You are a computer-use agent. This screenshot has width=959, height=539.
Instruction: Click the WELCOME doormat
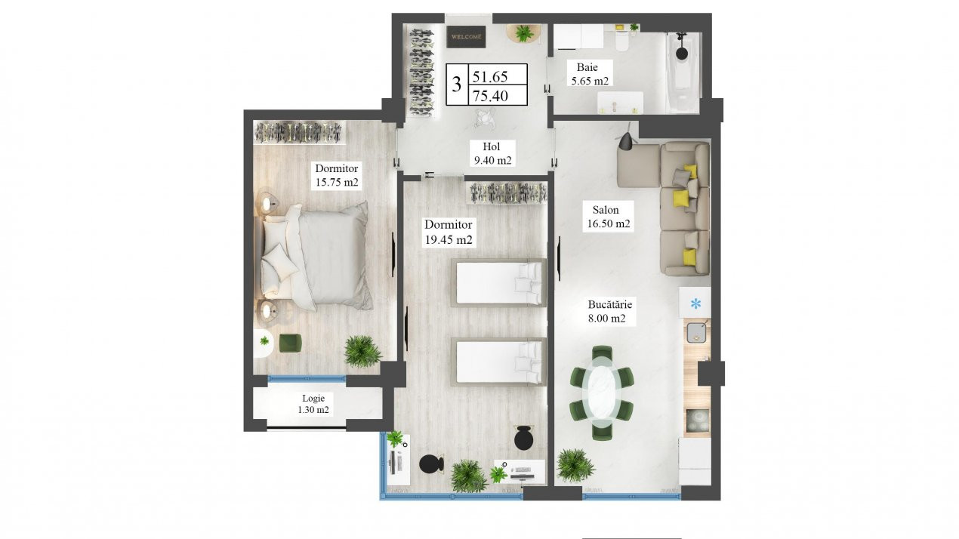click(466, 37)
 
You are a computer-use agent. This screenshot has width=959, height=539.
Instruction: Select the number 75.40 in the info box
click(490, 96)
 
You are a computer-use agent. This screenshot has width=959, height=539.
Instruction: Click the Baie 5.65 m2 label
click(590, 74)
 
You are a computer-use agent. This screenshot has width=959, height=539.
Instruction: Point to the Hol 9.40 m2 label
click(492, 153)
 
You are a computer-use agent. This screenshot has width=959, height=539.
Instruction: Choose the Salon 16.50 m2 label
click(608, 217)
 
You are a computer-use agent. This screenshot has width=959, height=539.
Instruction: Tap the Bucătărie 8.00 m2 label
click(609, 311)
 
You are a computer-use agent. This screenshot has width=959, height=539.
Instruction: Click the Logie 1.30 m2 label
click(313, 404)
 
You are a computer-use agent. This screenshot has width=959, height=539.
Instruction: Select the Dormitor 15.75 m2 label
click(337, 175)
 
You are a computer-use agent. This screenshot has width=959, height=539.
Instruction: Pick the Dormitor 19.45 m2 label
click(449, 232)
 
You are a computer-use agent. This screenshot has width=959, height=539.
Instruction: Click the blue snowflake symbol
click(695, 304)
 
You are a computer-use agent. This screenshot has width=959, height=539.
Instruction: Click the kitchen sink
click(696, 333)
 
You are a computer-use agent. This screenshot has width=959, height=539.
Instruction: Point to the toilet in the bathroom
click(621, 39)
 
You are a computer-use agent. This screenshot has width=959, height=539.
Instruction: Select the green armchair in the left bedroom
click(290, 343)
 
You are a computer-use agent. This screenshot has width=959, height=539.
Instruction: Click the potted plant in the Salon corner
click(575, 466)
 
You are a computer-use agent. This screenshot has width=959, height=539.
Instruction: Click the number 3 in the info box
click(457, 85)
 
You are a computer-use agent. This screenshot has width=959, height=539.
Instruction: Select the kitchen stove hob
click(698, 420)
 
